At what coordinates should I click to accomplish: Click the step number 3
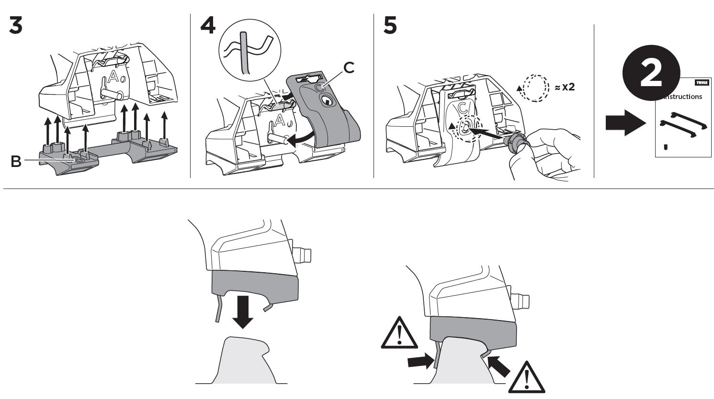click(15, 25)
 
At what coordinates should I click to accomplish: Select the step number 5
click(390, 25)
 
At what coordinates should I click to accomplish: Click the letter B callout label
click(16, 162)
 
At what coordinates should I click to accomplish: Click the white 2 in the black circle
click(651, 74)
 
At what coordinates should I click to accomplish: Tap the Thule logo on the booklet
click(702, 83)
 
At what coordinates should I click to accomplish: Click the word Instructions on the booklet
click(683, 97)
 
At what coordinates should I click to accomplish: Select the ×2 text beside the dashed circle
click(565, 87)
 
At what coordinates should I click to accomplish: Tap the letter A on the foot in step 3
click(113, 77)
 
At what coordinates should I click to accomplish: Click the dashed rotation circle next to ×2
click(536, 87)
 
